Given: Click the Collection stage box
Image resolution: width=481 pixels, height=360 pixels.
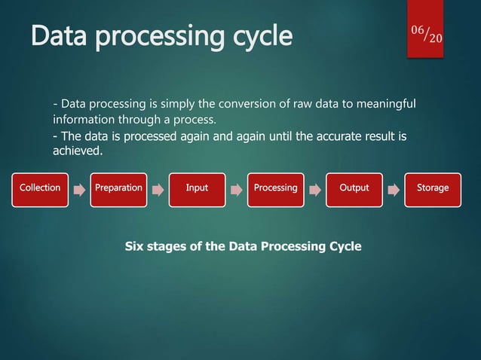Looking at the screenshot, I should coord(40,188).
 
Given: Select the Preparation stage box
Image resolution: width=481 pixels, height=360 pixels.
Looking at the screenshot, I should coord(118,188).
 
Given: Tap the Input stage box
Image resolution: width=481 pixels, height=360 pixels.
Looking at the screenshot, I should coord(197,188).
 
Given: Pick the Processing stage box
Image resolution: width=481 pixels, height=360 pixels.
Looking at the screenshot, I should coord(275,188).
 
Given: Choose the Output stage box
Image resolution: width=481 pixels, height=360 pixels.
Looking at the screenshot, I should coord(354,188).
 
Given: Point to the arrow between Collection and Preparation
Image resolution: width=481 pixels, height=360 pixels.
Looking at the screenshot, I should coord(80,191).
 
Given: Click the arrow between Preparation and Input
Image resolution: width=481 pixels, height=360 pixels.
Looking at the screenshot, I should coord(158,191).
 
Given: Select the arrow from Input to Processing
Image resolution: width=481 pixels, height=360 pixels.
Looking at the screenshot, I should coord(237,191).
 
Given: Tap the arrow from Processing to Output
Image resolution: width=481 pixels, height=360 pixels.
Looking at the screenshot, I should coord(315,191).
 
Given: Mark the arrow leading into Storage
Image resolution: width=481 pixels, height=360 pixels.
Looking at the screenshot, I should coord(394,191).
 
